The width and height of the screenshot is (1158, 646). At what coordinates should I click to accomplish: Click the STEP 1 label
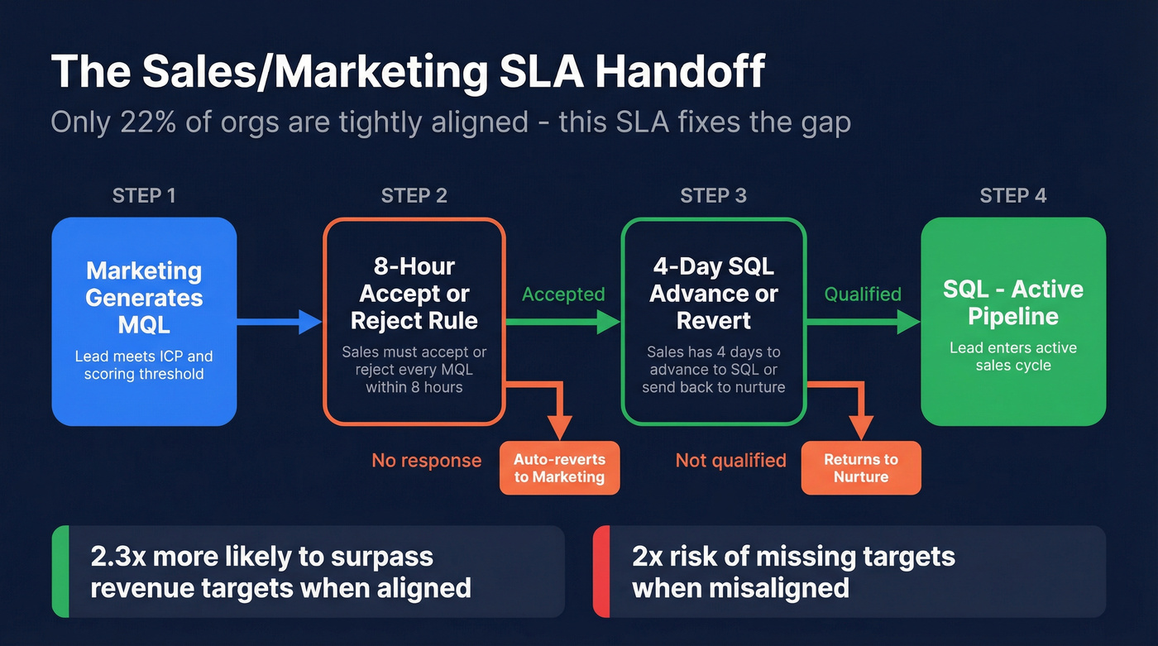tap(144, 196)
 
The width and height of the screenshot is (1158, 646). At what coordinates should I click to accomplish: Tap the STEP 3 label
tap(713, 196)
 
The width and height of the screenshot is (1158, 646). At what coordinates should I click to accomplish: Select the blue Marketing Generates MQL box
tap(144, 321)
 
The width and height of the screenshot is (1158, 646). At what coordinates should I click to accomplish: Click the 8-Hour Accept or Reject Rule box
tap(414, 321)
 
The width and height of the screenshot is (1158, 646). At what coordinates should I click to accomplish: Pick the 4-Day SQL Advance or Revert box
tap(713, 321)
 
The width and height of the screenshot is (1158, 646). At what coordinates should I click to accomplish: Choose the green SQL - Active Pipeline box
tap(1013, 321)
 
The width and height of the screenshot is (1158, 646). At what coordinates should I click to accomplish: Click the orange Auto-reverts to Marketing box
tap(559, 468)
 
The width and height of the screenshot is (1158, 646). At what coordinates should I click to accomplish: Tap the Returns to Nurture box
tap(860, 468)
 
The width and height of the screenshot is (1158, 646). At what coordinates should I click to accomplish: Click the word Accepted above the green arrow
tap(563, 294)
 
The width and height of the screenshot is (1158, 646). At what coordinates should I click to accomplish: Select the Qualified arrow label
tap(863, 294)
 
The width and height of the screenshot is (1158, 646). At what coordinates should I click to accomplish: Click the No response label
tap(426, 461)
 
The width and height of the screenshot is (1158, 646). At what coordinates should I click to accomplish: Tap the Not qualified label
tap(730, 461)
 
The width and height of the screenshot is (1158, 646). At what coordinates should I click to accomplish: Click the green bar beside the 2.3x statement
tap(60, 572)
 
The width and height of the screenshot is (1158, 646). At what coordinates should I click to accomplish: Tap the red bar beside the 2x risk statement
tap(601, 572)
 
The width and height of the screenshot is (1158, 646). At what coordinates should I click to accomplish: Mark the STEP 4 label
tap(1013, 196)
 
